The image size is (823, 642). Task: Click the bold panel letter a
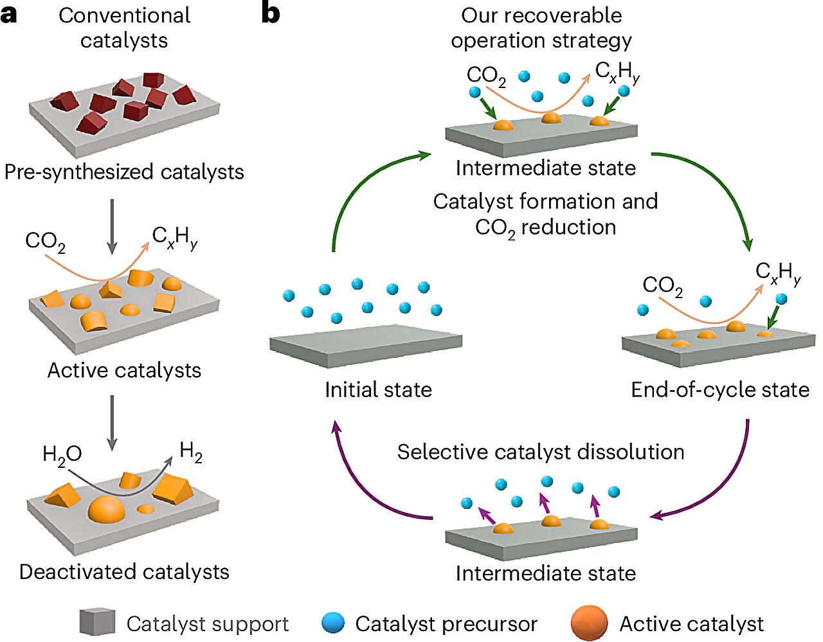coord(9,14)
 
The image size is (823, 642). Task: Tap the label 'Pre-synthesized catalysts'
coord(124,172)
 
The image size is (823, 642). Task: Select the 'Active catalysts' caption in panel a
coord(124,371)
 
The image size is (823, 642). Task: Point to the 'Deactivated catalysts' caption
coord(124,572)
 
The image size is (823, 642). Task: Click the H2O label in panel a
coord(62,455)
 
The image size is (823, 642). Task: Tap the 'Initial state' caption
coord(378,390)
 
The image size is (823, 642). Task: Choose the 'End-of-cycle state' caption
coord(720,390)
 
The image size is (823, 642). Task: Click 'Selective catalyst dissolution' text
coord(540,452)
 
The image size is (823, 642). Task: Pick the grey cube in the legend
coord(97,622)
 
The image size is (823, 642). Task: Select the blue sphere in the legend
coord(333,623)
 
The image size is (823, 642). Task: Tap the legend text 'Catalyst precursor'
coord(446,624)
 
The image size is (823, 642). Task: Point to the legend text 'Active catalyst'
coord(691,624)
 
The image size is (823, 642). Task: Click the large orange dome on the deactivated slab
coord(106,509)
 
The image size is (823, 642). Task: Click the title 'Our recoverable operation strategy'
coord(541,28)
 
